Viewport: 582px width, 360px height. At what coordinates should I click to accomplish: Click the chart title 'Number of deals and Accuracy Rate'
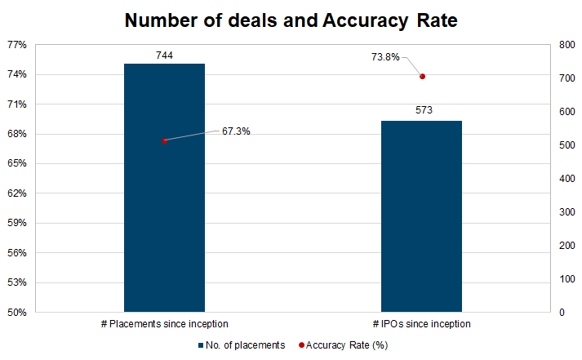click(291, 20)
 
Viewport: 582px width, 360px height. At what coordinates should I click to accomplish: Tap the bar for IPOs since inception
click(422, 216)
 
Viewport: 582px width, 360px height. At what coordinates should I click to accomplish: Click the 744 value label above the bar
click(164, 56)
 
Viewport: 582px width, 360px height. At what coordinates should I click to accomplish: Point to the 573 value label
click(423, 110)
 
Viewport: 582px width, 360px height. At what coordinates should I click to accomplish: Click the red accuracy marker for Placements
click(165, 140)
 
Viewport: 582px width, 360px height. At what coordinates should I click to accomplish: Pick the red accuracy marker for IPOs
click(423, 77)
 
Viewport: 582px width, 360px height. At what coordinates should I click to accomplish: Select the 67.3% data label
click(236, 131)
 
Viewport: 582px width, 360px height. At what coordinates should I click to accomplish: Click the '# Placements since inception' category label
click(164, 324)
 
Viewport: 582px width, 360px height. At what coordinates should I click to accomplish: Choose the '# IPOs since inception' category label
click(422, 324)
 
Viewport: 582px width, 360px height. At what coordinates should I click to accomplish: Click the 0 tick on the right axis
click(562, 312)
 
